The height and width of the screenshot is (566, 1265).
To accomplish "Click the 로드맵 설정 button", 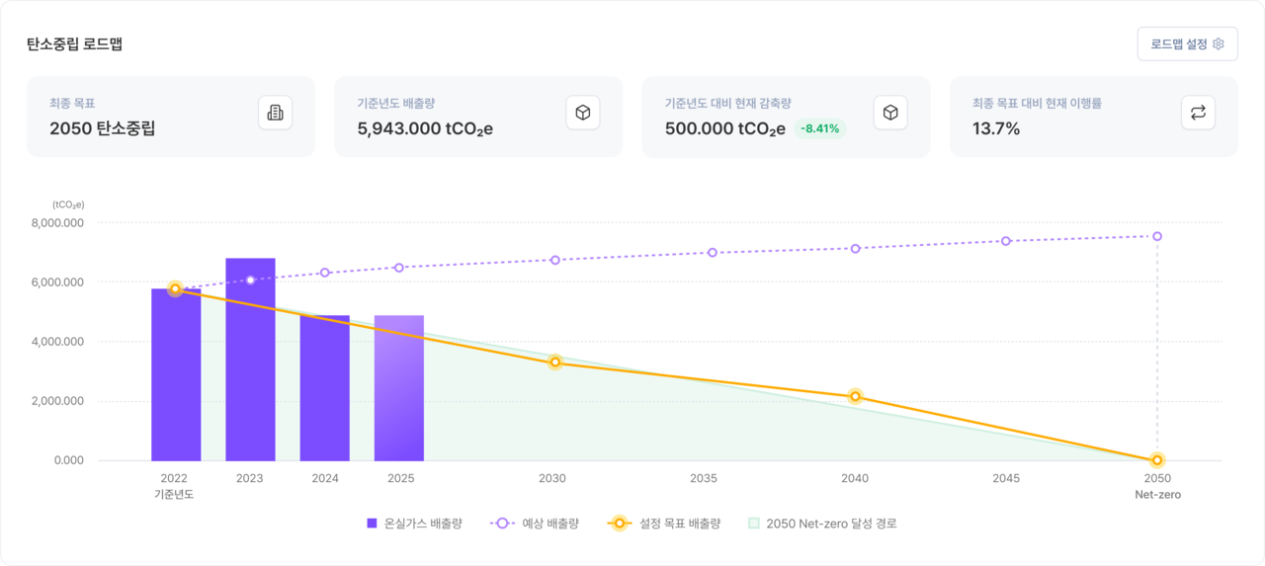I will coord(1187,44).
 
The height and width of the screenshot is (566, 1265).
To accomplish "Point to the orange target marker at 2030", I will coord(555,363).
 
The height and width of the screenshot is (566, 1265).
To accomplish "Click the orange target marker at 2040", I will coord(856,397).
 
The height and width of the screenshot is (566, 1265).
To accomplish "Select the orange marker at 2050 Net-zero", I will coord(1156,460).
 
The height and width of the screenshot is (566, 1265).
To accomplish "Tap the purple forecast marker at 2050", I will coord(1156,236).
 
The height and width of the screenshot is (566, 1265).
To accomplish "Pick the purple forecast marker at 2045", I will coord(1006,241).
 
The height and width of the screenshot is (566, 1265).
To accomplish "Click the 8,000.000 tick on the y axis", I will coord(58,223).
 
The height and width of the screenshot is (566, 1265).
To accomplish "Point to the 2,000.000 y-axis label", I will coord(58,401).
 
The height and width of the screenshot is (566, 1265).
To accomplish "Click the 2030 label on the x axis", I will coord(552,479).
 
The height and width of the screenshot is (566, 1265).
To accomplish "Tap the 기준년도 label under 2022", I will coord(174,495).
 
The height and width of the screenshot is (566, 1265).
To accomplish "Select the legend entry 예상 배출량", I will coord(534,524).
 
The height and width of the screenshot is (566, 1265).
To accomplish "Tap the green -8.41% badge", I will coord(820,128).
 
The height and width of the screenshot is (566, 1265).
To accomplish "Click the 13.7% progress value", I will coord(996,128).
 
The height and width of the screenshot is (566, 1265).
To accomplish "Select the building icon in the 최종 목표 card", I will coord(275,113).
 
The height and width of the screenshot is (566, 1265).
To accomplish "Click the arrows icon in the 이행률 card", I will coord(1198,113).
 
